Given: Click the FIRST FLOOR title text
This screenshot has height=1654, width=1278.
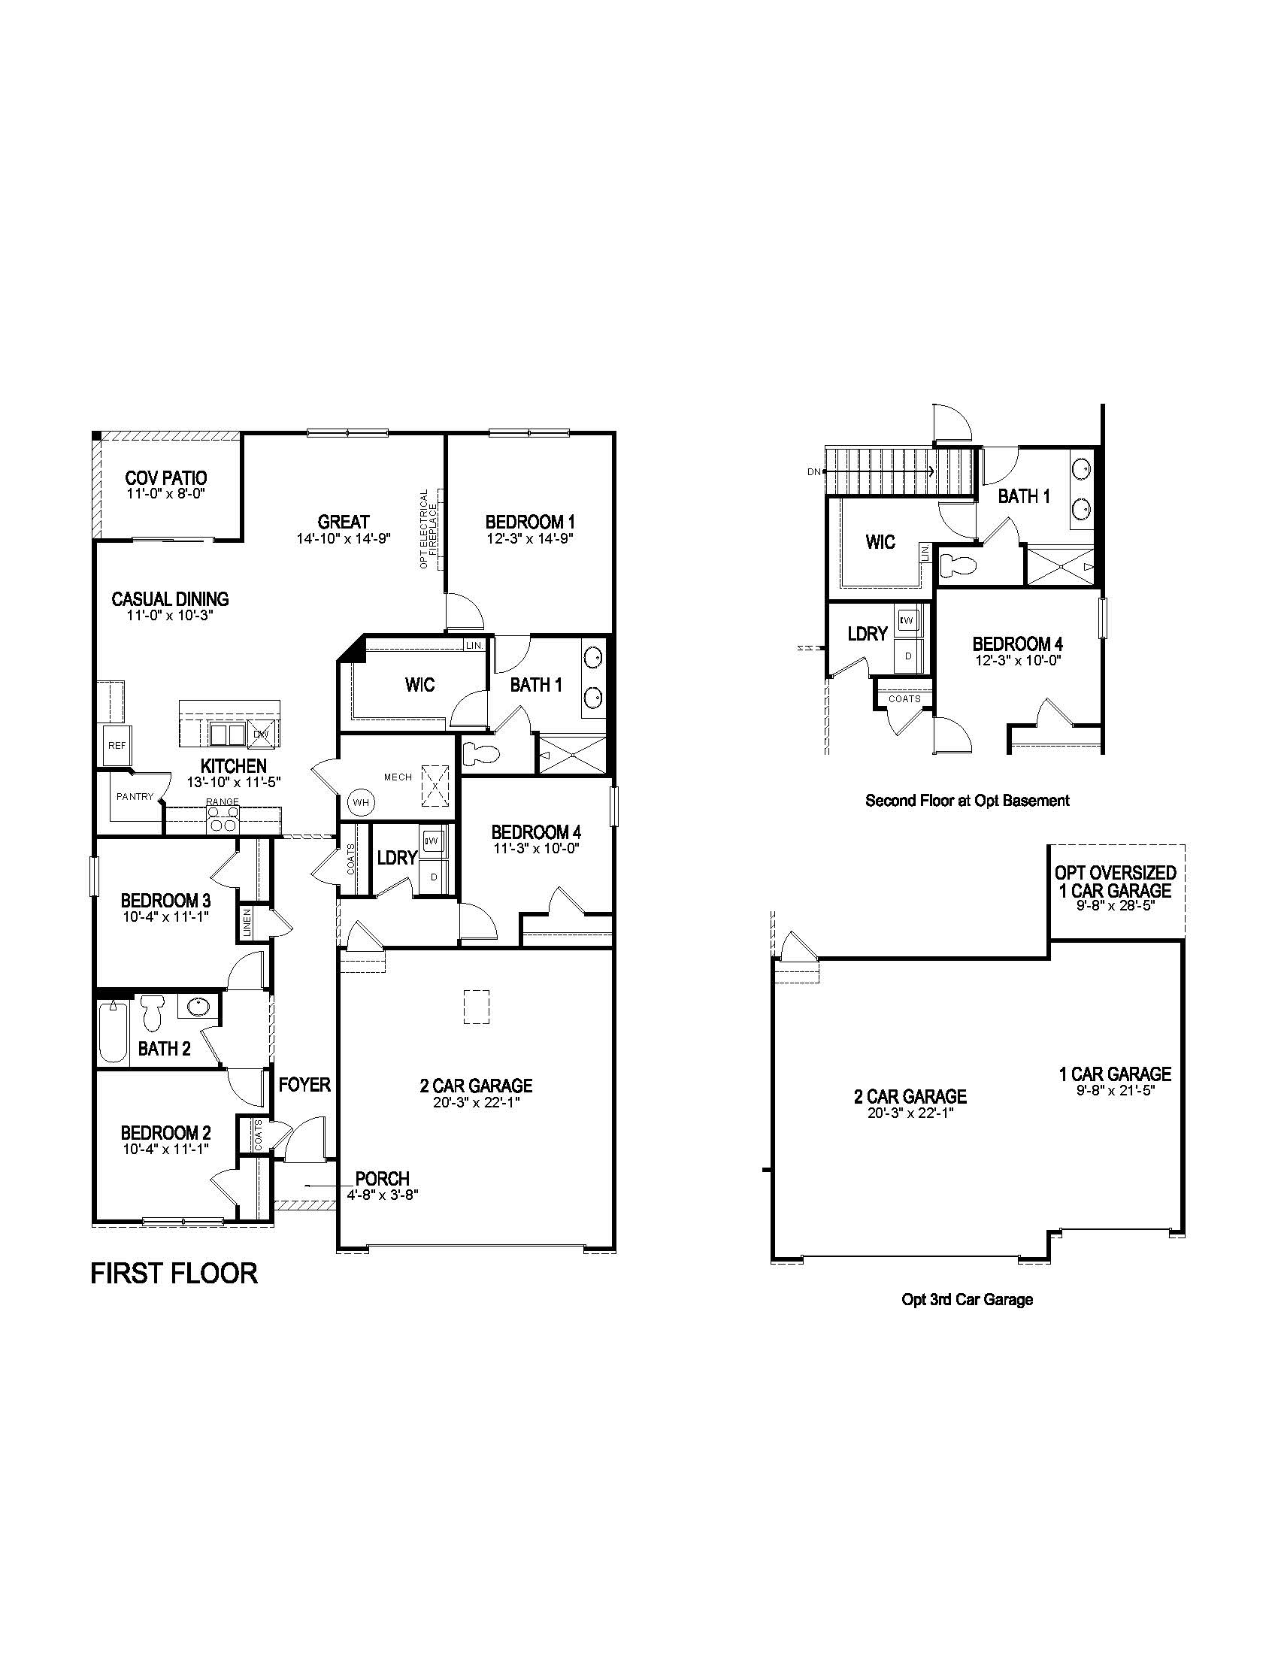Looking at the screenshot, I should coord(174,1273).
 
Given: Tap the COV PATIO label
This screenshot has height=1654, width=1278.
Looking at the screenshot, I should coord(166,478).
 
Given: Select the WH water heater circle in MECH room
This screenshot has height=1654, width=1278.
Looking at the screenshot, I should coord(360,802).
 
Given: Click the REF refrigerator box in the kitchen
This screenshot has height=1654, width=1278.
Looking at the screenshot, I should coord(117,745).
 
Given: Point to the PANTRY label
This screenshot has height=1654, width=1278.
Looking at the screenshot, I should coord(135,797).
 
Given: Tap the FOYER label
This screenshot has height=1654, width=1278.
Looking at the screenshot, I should coord(304,1084).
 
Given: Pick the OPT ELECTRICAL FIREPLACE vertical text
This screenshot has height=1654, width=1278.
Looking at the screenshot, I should coord(429,528).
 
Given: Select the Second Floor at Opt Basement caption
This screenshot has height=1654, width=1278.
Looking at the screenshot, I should coord(967,800).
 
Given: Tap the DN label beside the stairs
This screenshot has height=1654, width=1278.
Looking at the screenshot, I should coord(813,472).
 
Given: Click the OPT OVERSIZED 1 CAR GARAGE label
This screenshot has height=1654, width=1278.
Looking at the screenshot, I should coord(1115,882).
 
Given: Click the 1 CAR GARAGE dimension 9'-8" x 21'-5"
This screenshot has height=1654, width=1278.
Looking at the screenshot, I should coord(1114,1091).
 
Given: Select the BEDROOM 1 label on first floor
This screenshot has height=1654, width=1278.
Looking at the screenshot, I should coord(529,522).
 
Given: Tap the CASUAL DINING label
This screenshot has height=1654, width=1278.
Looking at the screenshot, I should coord(170,599).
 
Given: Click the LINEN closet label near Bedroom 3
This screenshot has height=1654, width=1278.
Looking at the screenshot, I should coord(247,922).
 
